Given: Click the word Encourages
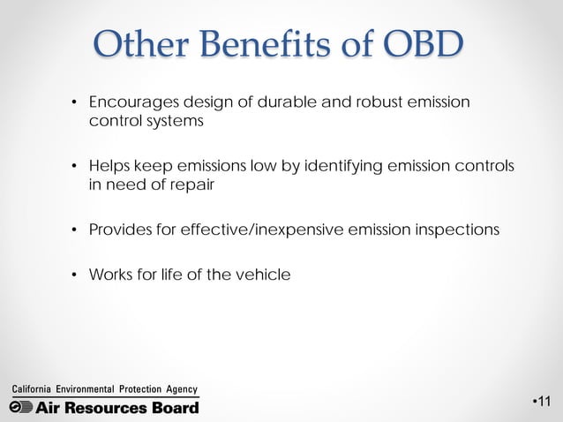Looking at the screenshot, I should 130,102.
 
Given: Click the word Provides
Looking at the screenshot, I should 118,230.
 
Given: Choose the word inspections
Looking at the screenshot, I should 454,230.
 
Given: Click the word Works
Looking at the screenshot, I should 109,275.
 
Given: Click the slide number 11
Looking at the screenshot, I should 544,403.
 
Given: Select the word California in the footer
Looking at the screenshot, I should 32,389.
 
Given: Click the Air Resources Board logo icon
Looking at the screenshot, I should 21,406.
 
